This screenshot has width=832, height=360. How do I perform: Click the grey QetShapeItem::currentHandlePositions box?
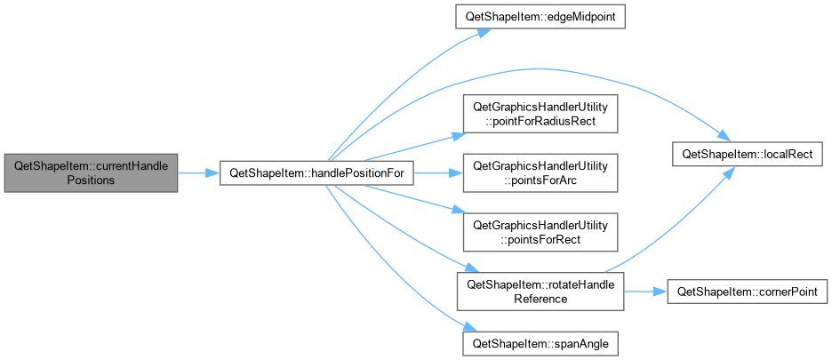(91, 173)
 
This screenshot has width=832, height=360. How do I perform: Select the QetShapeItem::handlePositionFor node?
(316, 173)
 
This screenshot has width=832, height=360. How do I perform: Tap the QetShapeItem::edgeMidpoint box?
(540, 17)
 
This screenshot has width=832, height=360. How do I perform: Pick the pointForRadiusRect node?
(540, 114)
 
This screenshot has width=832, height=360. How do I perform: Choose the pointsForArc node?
(540, 173)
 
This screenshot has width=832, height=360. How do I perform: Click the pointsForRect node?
(540, 232)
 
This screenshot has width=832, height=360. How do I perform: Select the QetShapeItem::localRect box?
(748, 154)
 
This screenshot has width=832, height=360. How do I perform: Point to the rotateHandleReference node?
(540, 292)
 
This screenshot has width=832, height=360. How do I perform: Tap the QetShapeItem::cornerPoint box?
(747, 292)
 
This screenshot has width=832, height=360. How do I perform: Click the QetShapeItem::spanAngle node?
(540, 343)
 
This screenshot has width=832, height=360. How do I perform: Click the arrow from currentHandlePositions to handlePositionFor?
(198, 173)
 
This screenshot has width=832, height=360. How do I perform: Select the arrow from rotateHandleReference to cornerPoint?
(645, 292)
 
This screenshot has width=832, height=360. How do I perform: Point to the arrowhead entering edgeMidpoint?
(483, 31)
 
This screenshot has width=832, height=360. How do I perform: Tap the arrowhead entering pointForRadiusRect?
(459, 135)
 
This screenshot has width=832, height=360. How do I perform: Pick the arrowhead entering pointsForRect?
(459, 211)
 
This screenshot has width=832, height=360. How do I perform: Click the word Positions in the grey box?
(91, 180)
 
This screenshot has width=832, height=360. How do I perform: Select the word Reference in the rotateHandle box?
(540, 299)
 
